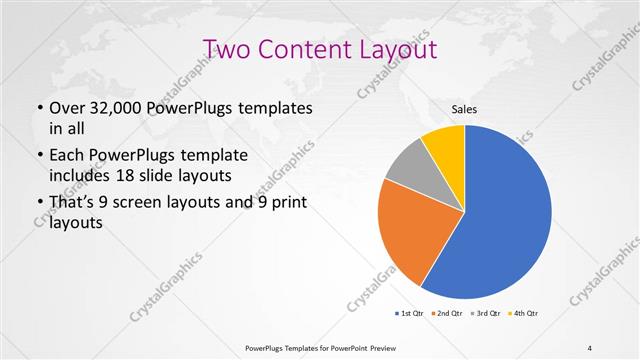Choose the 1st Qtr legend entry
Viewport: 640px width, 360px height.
click(x=410, y=313)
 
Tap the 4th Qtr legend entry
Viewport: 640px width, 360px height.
click(x=525, y=313)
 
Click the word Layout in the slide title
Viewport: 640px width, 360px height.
click(x=399, y=49)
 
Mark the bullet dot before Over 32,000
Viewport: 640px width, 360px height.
click(x=39, y=108)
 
